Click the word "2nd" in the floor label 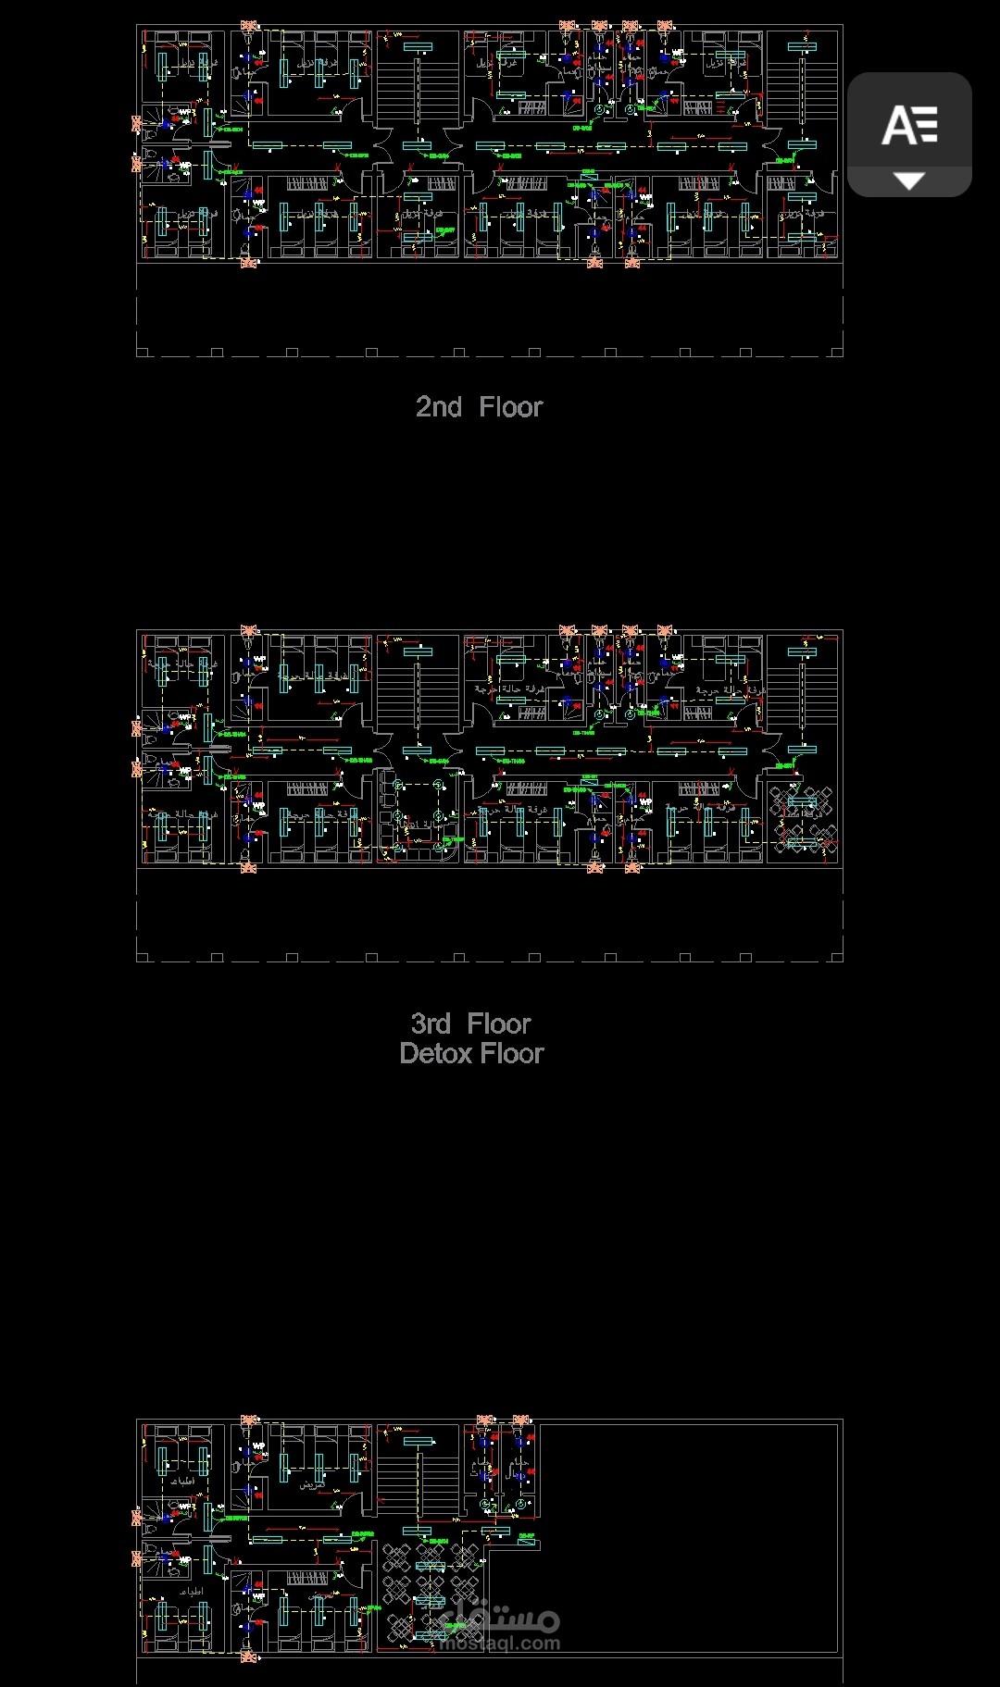coord(438,407)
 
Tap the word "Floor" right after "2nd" coord(510,407)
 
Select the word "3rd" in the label coord(431,1024)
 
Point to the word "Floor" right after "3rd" coord(499,1024)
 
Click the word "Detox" coord(435,1054)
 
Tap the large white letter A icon coord(909,126)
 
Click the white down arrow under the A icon coord(909,181)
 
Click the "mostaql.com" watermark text coord(501,1644)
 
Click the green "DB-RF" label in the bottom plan coord(527,1537)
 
